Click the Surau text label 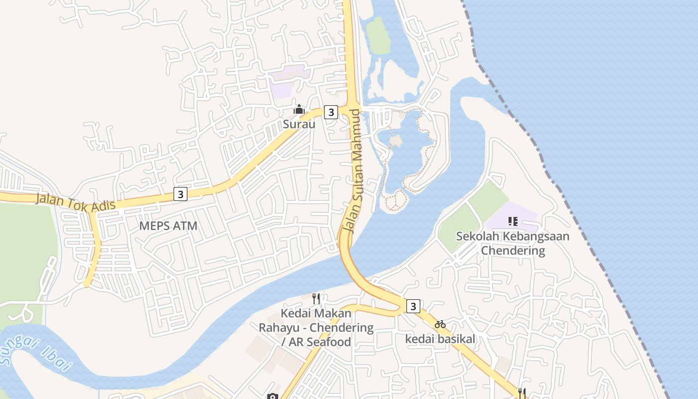coord(299,124)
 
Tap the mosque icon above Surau coord(299,109)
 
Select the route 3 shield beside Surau coord(331,112)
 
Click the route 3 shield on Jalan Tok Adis coord(180,194)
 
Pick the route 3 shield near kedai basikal coord(413,306)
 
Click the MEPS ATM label coord(168,225)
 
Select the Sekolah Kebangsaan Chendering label coord(513,243)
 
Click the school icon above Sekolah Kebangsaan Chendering coord(513,221)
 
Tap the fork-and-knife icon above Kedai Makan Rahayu coord(316,299)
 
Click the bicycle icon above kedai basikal coord(440,324)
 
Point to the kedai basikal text coord(440,339)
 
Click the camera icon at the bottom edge coord(272,397)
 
